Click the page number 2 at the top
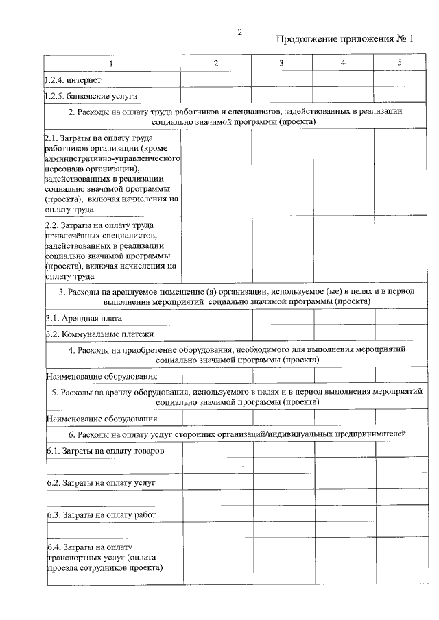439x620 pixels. tap(240, 32)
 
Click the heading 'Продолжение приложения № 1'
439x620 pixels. tap(346, 38)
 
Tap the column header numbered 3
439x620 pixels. tap(281, 64)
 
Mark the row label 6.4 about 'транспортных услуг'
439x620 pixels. tap(104, 558)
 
